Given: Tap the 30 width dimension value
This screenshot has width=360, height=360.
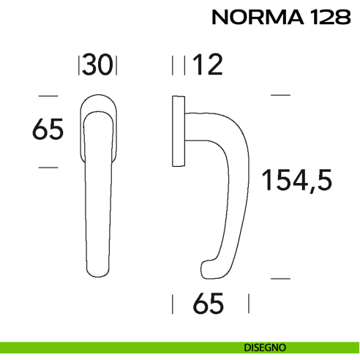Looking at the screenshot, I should tap(97, 66).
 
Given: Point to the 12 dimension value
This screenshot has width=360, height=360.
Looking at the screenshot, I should tap(207, 66).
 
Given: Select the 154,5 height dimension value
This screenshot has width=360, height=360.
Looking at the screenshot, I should tap(297, 179).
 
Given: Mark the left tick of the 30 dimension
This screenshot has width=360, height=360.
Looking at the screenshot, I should tap(78, 66).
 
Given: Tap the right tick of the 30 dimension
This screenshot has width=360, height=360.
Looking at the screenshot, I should tap(117, 66).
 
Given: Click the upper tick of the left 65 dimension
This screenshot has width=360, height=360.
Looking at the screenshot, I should tap(48, 95).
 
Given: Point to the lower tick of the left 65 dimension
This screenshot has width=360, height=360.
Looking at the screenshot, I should tap(48, 168).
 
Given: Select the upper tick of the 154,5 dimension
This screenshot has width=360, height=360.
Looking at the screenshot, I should tap(280, 95).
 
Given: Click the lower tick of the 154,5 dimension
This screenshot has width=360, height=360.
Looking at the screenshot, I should tap(280, 279).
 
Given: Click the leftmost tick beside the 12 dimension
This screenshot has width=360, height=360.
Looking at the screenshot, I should tap(173, 66).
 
